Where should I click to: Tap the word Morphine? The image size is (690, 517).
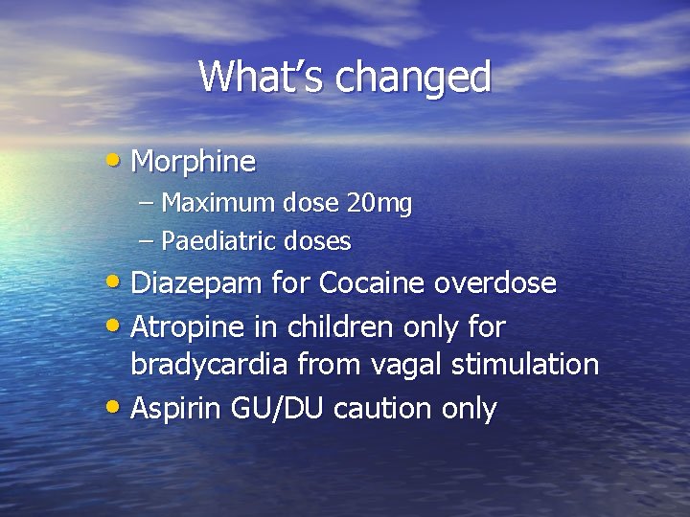[193, 161]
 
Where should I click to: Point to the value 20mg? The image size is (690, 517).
[380, 203]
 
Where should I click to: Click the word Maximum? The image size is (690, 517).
[221, 203]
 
